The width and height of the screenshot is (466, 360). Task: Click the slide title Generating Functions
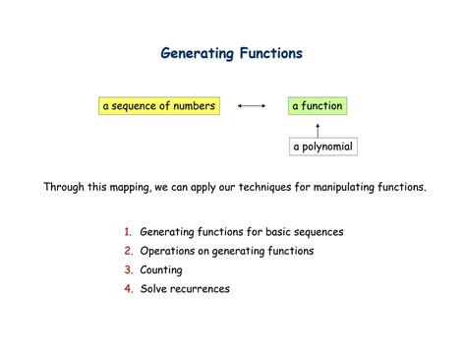(232, 53)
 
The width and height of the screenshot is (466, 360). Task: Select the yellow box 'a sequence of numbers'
(157, 105)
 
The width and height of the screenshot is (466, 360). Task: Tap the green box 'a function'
(318, 105)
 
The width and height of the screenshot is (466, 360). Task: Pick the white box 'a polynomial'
(321, 147)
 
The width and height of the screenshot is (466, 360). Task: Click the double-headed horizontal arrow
(253, 105)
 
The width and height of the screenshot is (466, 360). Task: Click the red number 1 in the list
(128, 232)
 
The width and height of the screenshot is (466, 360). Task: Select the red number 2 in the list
(128, 251)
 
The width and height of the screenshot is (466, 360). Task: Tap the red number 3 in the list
(128, 270)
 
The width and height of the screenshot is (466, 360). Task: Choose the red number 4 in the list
(128, 288)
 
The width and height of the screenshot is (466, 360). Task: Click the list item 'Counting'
(161, 270)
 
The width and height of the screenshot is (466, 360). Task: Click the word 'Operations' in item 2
(168, 251)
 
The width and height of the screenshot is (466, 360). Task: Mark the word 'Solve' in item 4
(154, 288)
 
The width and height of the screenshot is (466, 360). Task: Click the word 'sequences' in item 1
(319, 232)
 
